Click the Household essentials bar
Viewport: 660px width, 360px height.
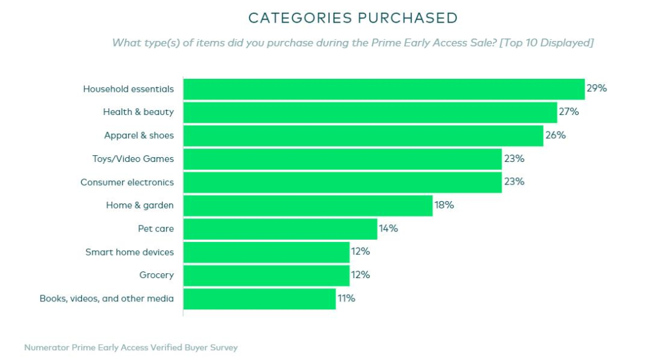[x=384, y=89]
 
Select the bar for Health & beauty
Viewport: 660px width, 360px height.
[x=370, y=112]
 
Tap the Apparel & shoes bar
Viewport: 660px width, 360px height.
[x=363, y=136]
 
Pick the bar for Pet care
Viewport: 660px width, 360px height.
[x=280, y=229]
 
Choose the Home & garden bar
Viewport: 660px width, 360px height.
[x=307, y=205]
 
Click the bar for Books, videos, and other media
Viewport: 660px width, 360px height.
[x=259, y=299]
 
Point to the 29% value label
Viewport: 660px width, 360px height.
[x=596, y=89]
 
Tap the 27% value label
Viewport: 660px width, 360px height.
[x=568, y=112]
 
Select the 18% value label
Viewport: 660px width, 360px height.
[x=444, y=205]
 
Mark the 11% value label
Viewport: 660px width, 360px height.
[x=346, y=298]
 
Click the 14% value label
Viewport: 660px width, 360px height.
[x=388, y=229]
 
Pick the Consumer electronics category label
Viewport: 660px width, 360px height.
[x=127, y=182]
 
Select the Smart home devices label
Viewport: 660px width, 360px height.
[x=130, y=252]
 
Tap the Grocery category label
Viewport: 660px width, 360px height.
[x=156, y=275]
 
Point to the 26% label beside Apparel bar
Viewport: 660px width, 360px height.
[x=555, y=135]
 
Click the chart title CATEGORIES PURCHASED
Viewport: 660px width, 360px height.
[x=353, y=18]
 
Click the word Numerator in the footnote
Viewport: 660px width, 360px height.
[x=46, y=348]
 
